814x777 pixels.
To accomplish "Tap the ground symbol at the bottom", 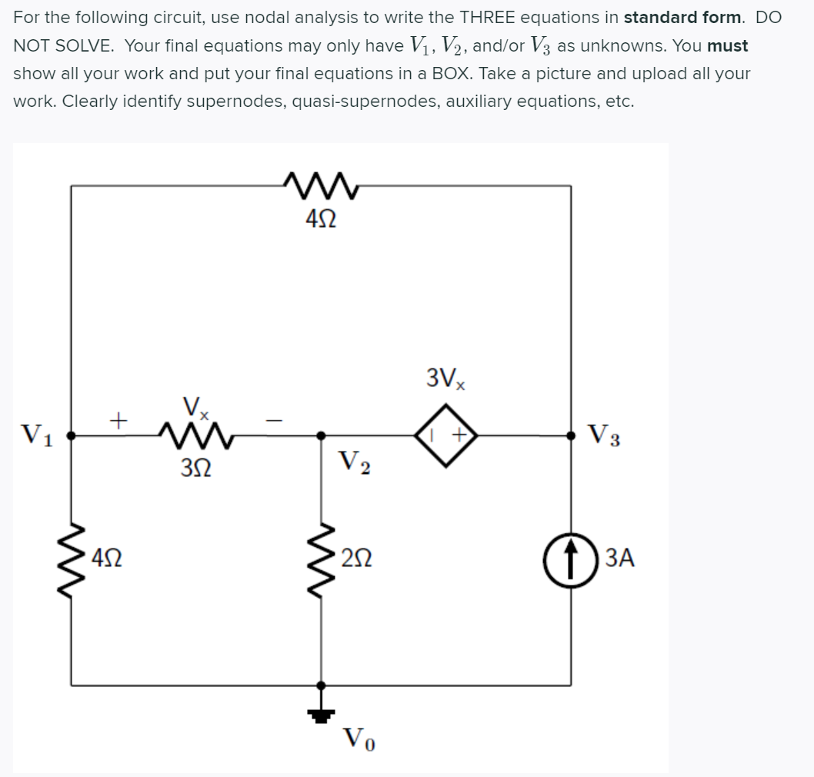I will [x=322, y=714].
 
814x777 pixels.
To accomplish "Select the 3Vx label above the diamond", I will [x=446, y=378].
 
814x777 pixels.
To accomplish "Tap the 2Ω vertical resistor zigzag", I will [x=322, y=556].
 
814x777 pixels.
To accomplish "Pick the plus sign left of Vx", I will [x=117, y=420].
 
